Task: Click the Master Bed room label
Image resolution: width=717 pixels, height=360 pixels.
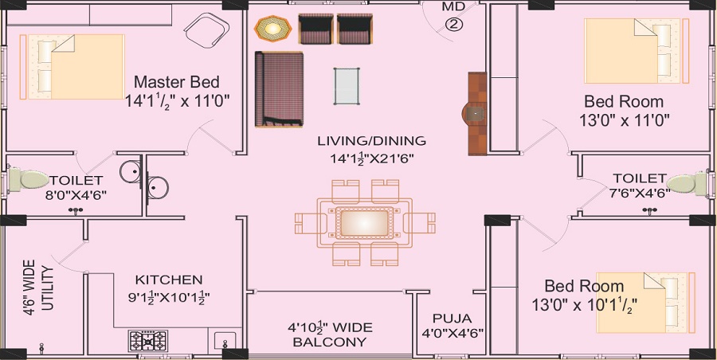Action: [176, 82]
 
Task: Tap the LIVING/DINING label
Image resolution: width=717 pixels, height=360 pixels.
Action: [371, 141]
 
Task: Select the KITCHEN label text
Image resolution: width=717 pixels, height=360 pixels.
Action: [168, 280]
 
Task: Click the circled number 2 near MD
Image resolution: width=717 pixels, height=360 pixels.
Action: [453, 24]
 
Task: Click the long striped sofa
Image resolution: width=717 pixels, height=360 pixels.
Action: [278, 89]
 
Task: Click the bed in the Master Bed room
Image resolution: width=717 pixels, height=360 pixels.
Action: [71, 66]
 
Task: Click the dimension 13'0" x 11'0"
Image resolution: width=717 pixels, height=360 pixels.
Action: [624, 120]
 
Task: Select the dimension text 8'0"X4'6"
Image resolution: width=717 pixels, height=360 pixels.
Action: [76, 194]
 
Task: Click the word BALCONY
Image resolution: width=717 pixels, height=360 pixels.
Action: [329, 342]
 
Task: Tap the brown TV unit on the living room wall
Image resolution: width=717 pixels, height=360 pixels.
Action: [476, 113]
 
